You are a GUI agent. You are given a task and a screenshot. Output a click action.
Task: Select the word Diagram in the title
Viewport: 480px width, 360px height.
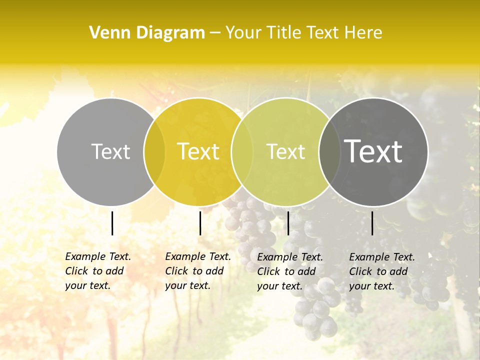170,33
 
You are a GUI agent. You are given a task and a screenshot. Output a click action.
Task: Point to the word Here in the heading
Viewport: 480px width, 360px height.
364,33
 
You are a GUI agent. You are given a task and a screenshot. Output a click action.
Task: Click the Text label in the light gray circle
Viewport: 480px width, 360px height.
110,151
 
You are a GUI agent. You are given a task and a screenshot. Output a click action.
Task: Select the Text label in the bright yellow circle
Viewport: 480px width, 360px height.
198,151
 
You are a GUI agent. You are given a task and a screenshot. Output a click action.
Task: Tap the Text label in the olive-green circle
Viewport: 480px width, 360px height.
285,151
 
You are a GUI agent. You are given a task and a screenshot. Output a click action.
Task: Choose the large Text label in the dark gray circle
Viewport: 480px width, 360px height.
373,151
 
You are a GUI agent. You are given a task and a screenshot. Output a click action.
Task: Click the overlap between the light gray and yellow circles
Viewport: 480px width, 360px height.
154,151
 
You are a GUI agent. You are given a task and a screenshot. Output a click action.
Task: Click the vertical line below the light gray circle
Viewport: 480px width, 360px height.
112,223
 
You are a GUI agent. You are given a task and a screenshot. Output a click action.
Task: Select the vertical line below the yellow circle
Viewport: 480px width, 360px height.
200,223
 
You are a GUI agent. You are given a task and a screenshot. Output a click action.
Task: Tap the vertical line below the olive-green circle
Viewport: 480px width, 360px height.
288,223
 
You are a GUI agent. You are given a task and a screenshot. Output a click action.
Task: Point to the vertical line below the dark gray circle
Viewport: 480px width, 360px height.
372,223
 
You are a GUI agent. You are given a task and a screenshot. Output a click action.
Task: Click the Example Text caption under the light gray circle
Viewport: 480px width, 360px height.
98,271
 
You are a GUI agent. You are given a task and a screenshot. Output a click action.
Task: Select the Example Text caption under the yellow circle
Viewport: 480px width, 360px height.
198,271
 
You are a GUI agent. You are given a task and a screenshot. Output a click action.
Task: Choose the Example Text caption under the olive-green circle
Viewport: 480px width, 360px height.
290,271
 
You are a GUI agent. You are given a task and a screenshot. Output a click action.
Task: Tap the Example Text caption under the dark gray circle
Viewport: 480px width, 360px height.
382,271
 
